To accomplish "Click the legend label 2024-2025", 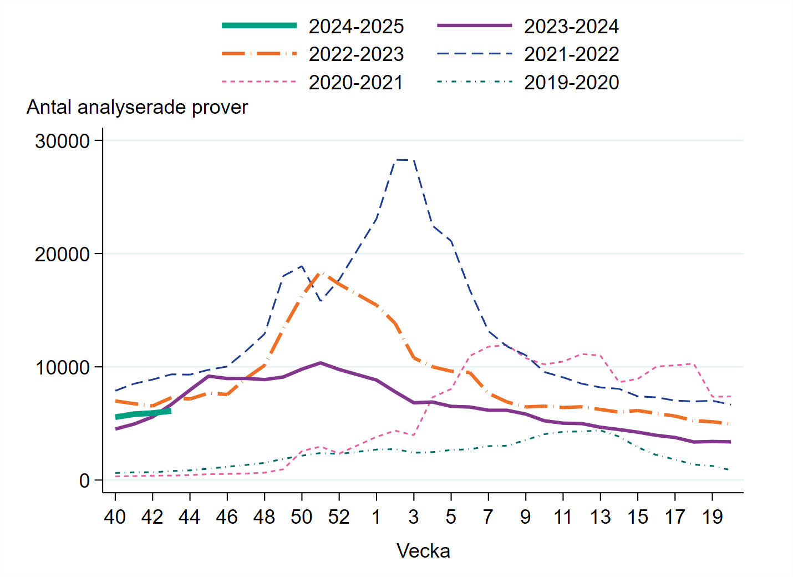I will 356,26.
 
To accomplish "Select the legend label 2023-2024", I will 571,26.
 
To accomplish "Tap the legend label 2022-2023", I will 356,54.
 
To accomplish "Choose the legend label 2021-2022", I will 571,54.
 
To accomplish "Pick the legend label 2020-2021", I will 356,83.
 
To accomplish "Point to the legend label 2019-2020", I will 571,83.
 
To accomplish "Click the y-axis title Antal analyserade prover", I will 137,107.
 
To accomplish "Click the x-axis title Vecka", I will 423,551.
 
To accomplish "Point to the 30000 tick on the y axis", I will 62,141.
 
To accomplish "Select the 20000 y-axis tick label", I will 62,254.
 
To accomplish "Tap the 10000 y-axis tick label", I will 62,367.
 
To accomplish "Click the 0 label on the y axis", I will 84,480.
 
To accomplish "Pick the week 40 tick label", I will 115,517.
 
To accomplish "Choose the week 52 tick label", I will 339,517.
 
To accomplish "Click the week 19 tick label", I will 712,517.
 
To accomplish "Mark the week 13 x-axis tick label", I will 600,517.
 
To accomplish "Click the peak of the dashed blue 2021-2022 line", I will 397,160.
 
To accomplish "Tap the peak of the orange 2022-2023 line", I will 321,273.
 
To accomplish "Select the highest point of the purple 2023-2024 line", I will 321,363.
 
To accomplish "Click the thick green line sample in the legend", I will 259,26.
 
